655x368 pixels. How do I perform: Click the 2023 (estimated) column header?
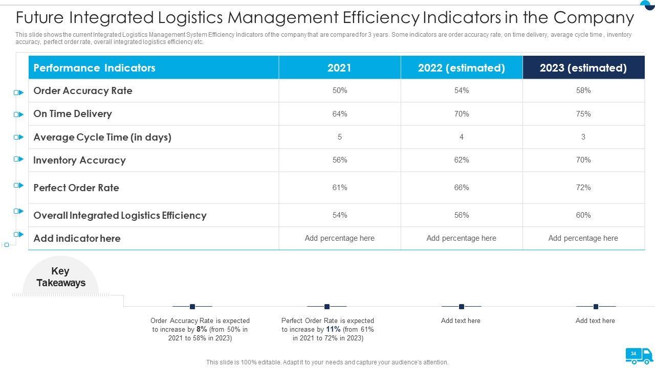[x=583, y=68]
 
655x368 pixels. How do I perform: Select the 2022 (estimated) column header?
[x=462, y=68]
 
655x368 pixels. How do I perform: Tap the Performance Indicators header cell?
[x=94, y=68]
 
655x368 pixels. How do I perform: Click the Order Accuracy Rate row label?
[x=83, y=91]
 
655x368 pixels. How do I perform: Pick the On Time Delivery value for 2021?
[x=340, y=114]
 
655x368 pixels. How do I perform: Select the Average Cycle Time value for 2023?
[x=583, y=137]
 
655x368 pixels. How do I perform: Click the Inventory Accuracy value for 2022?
[x=462, y=160]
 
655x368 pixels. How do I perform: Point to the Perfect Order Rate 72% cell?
[x=583, y=188]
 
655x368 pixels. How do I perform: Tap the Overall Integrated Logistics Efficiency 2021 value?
[x=340, y=215]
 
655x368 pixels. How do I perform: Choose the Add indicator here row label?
[x=77, y=239]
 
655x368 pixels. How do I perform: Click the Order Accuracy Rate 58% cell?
[x=583, y=90]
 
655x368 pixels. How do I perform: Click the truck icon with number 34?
[x=639, y=355]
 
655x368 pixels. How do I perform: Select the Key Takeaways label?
[x=60, y=277]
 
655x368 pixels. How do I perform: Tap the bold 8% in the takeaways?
[x=202, y=330]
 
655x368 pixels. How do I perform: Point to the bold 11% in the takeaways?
[x=333, y=330]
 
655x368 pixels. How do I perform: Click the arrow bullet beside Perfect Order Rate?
[x=19, y=186]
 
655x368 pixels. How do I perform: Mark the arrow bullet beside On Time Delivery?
[x=19, y=114]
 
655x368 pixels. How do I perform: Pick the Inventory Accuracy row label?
[x=79, y=160]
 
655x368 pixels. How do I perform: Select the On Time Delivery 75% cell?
[x=583, y=114]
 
